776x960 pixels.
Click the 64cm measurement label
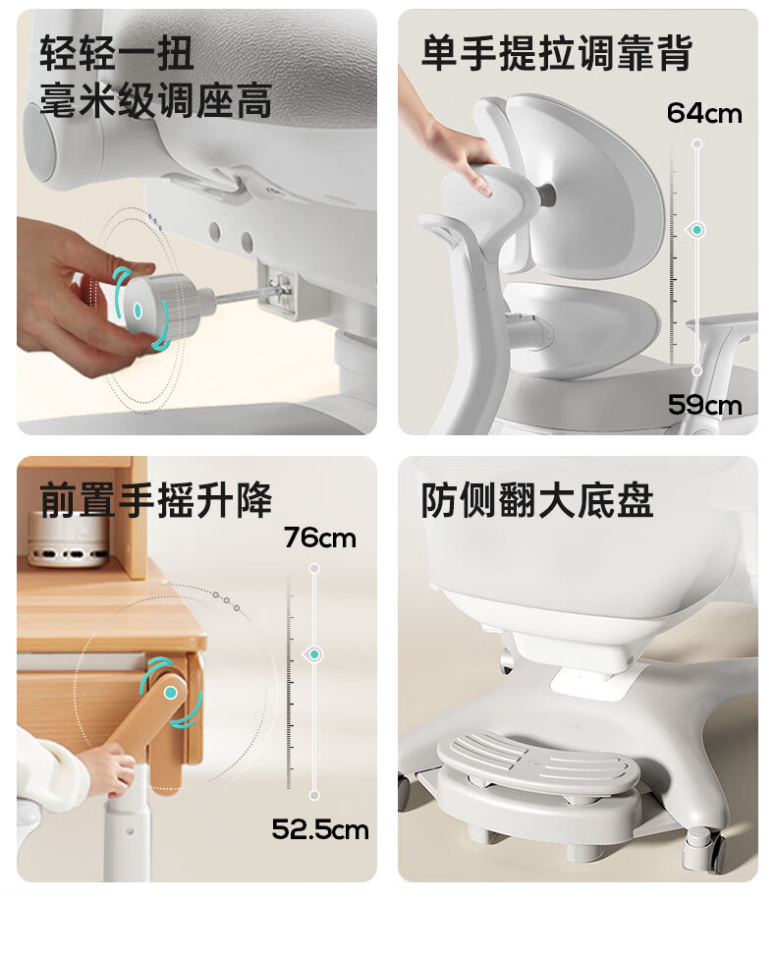tap(703, 113)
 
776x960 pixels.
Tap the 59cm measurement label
tap(704, 405)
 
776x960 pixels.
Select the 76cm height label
tap(319, 538)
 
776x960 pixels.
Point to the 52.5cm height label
tap(320, 829)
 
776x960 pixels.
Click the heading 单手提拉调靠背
tap(557, 53)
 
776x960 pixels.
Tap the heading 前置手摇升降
tap(156, 500)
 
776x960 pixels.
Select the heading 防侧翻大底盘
tap(537, 500)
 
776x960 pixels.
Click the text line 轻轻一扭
tap(117, 53)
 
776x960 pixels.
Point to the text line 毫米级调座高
tap(156, 100)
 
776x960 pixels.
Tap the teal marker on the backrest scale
tap(697, 230)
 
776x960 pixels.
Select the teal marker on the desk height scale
tap(314, 654)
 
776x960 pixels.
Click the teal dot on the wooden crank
tap(171, 693)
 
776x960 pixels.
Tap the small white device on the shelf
tap(68, 539)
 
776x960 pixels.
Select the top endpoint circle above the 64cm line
tap(697, 143)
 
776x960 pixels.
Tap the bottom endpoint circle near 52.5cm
tap(314, 795)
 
